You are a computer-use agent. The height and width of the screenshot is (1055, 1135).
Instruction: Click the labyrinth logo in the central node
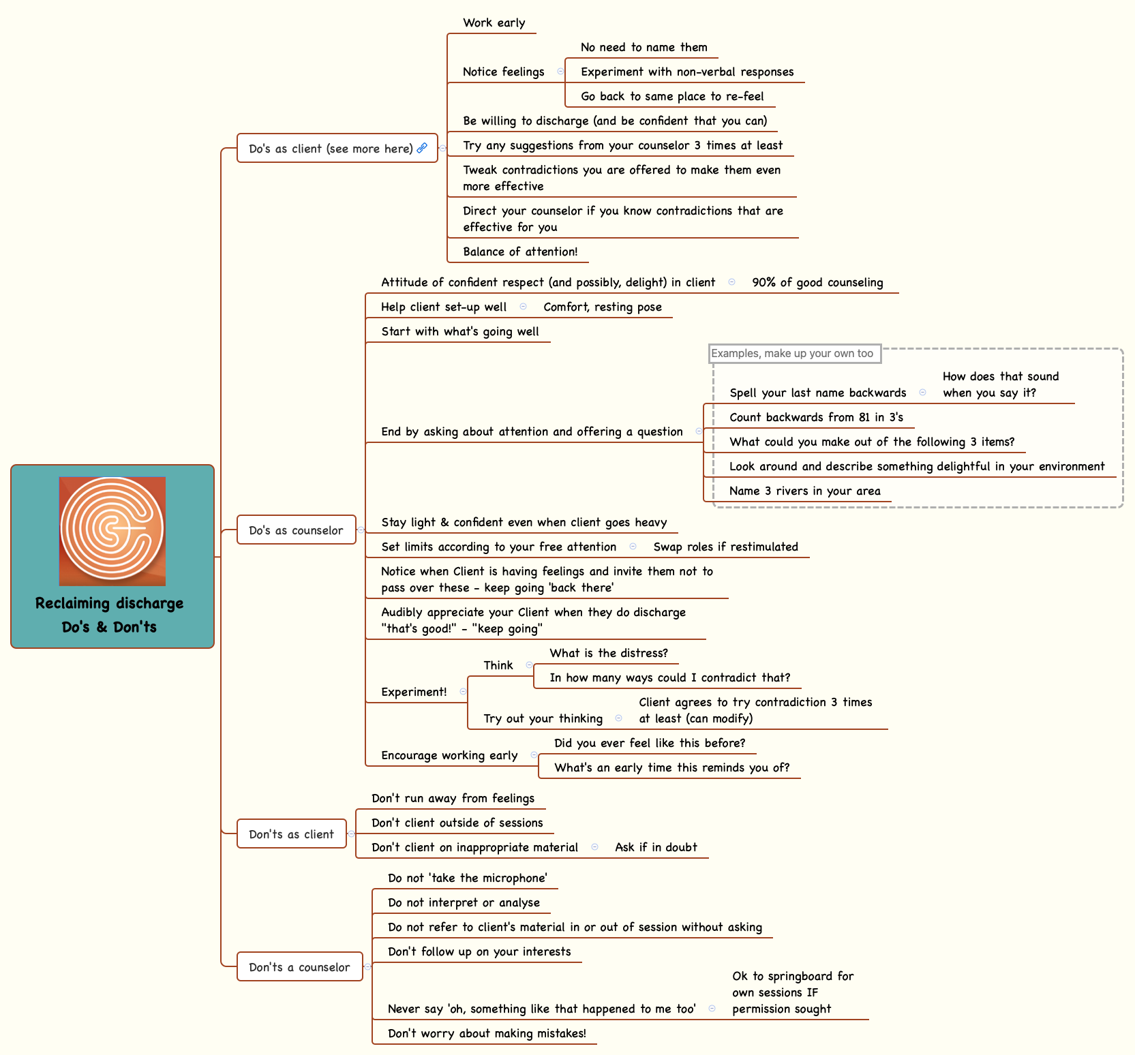[112, 530]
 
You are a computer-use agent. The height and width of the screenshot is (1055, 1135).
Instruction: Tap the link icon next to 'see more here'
[422, 148]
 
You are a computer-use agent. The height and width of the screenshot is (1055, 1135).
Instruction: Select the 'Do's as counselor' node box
[296, 530]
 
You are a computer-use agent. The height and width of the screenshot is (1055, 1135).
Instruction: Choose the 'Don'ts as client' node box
[291, 834]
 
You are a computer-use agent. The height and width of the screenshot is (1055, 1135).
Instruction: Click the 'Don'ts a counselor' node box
[299, 967]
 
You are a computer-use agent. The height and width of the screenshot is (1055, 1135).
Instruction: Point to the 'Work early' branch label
[494, 22]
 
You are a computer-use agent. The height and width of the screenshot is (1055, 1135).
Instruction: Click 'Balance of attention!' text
[520, 251]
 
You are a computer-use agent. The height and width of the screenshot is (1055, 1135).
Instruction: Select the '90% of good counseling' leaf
[817, 282]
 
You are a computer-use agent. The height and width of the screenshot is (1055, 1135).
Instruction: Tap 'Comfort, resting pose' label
[603, 307]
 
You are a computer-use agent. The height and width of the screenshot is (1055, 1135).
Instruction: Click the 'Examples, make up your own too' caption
[792, 353]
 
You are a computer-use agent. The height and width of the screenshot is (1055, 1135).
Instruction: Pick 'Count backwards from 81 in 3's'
[816, 417]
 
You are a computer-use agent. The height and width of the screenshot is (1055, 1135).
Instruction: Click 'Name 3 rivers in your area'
[804, 491]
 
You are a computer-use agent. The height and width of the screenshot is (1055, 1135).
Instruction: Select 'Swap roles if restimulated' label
[725, 547]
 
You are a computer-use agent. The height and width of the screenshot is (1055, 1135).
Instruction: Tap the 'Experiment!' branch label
[414, 692]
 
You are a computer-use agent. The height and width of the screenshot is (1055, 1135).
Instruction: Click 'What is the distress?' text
[609, 653]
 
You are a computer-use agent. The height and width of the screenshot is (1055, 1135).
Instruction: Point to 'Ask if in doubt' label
[656, 847]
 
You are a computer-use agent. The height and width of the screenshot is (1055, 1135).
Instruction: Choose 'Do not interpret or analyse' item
[464, 902]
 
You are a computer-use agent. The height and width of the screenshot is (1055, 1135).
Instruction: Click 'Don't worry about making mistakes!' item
[487, 1033]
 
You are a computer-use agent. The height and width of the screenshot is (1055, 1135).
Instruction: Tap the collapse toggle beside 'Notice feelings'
[560, 72]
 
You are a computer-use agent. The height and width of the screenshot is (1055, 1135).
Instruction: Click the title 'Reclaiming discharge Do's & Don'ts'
[110, 615]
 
